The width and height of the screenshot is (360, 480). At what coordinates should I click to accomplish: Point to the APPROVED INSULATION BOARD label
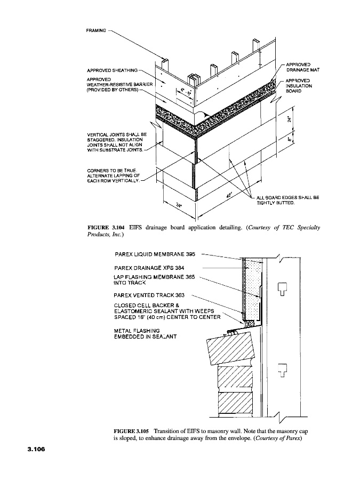click(x=299, y=86)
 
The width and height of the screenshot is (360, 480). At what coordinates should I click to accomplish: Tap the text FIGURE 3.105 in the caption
click(x=131, y=428)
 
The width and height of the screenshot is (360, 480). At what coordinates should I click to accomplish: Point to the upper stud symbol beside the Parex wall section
click(x=283, y=289)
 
